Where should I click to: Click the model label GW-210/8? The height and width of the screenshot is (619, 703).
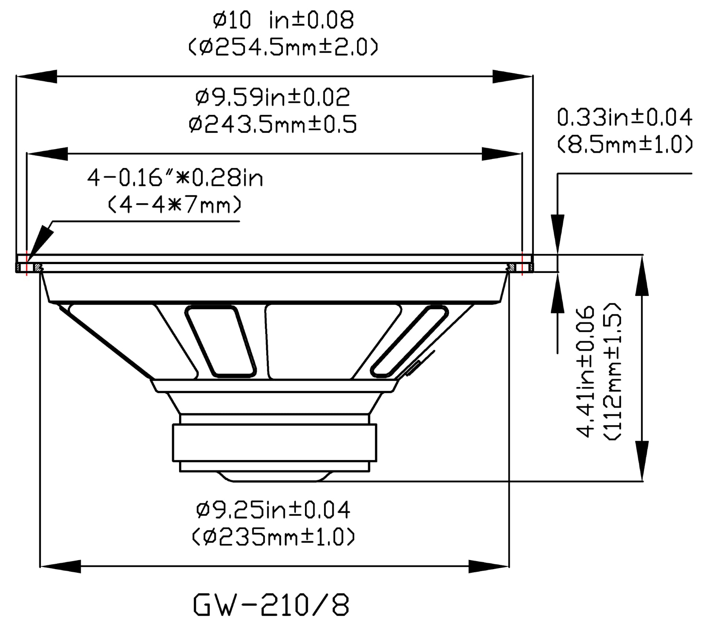click(271, 605)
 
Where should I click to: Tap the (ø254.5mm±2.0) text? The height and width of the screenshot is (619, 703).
click(283, 48)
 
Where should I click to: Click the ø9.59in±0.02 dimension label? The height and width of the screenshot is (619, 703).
click(273, 97)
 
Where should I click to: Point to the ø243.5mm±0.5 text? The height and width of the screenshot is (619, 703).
click(273, 125)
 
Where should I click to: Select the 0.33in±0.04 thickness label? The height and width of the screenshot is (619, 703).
click(624, 118)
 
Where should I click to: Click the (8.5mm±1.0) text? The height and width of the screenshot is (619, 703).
click(624, 144)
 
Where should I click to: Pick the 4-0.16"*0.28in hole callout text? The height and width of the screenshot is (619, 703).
click(175, 178)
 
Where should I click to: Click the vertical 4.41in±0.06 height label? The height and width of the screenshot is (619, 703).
click(584, 372)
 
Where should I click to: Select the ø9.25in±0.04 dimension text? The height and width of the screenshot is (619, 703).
click(273, 510)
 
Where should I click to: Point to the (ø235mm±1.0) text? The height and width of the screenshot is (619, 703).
click(273, 537)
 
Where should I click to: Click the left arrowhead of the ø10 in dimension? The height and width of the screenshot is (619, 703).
click(37, 77)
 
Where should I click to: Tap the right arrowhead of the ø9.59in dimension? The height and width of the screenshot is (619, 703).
click(502, 154)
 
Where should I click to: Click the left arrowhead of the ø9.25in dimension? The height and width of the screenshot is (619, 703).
click(60, 566)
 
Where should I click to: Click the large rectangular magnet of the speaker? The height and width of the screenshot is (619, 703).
click(275, 442)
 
